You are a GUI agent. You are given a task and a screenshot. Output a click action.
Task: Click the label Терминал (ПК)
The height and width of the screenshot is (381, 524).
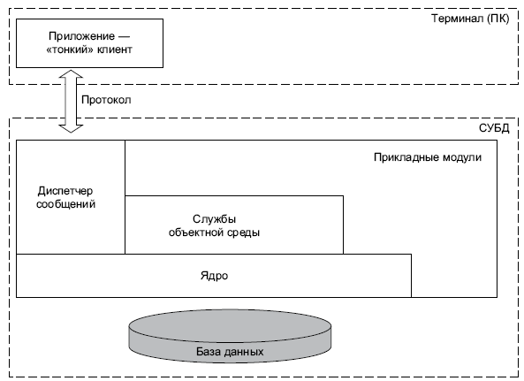click(470, 19)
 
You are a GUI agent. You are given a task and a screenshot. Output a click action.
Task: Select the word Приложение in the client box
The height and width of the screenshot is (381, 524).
click(81, 35)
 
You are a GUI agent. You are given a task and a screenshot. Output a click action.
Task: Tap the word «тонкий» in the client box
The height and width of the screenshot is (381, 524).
click(70, 50)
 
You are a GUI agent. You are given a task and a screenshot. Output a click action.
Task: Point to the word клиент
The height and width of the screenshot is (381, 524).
click(115, 50)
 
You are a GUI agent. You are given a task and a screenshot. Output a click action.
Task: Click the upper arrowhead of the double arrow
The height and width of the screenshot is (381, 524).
click(71, 74)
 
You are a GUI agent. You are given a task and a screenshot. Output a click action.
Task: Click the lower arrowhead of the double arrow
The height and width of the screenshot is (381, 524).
click(71, 128)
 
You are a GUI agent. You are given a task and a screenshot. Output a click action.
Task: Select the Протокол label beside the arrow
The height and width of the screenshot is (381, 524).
click(106, 100)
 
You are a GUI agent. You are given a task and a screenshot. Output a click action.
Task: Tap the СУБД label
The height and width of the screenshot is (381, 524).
click(494, 128)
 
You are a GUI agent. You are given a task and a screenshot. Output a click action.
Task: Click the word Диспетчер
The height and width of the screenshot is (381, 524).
click(65, 191)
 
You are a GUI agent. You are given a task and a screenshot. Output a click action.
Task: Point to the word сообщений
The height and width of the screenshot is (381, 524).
click(66, 204)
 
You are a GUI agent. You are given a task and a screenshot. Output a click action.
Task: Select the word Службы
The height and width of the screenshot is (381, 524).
click(214, 219)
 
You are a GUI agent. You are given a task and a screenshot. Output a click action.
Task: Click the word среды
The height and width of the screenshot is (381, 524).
click(242, 232)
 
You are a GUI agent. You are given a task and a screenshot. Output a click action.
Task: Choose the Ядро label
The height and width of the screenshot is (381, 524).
click(214, 276)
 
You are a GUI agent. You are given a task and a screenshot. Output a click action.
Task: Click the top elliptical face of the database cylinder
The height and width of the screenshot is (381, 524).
click(230, 325)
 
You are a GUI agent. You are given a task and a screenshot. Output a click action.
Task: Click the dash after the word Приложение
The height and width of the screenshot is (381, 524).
click(124, 36)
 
